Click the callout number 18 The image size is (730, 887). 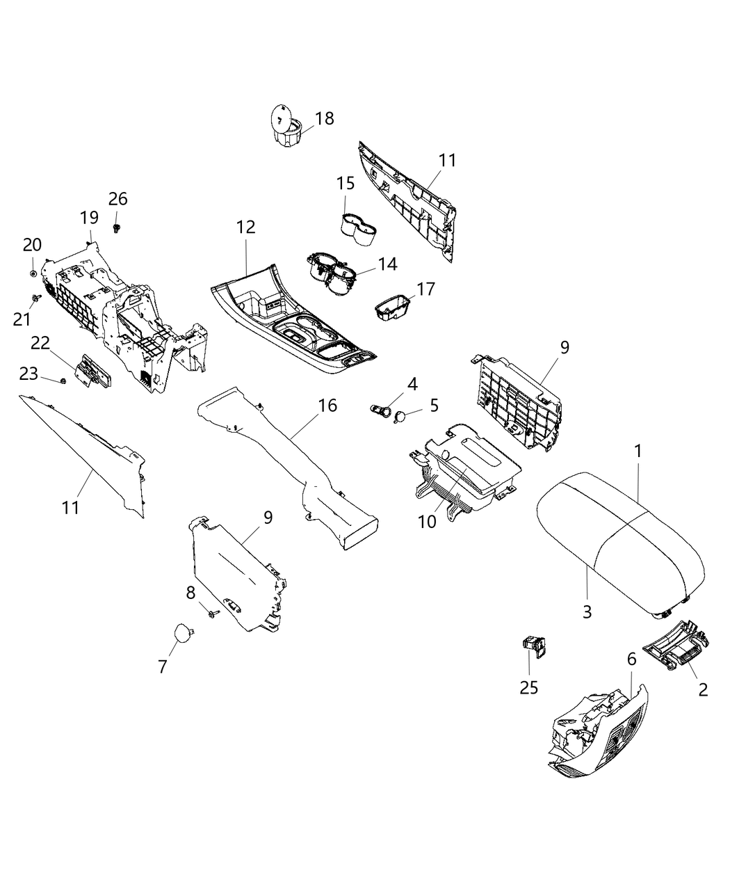(324, 118)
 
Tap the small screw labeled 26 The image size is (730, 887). (117, 227)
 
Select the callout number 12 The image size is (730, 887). (245, 227)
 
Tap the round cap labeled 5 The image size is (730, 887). (401, 417)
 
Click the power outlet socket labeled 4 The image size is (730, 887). (380, 410)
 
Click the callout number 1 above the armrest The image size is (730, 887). (638, 451)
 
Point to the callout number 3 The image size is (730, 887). (587, 612)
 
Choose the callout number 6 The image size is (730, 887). (631, 659)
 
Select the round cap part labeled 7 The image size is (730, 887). (183, 633)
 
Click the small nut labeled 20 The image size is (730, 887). (33, 273)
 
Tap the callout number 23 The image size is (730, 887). (29, 374)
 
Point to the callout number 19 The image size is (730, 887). (89, 217)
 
